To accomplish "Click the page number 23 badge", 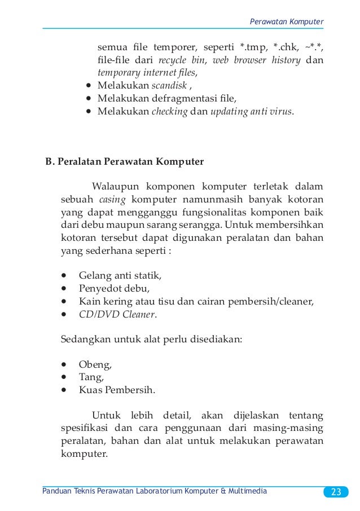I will coord(336,491).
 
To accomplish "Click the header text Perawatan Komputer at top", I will coord(287,21).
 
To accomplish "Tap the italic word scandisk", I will coord(168,86).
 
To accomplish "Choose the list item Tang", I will coord(88,377).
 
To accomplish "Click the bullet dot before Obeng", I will coord(65,364).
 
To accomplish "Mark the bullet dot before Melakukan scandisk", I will coord(89,86).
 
